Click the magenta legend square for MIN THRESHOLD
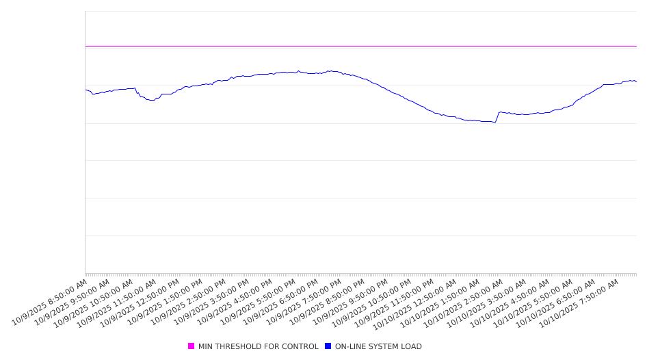[x=191, y=346]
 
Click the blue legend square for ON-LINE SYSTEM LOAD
[x=328, y=346]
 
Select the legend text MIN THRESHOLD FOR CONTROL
[x=258, y=346]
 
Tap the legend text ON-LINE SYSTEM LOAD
[x=378, y=346]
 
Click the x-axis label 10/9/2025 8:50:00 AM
[x=50, y=302]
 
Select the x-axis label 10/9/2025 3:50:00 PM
[x=211, y=302]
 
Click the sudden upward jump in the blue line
[x=497, y=116]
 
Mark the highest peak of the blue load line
[x=330, y=70]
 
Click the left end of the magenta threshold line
[x=85, y=46]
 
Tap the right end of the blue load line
[x=636, y=81]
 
